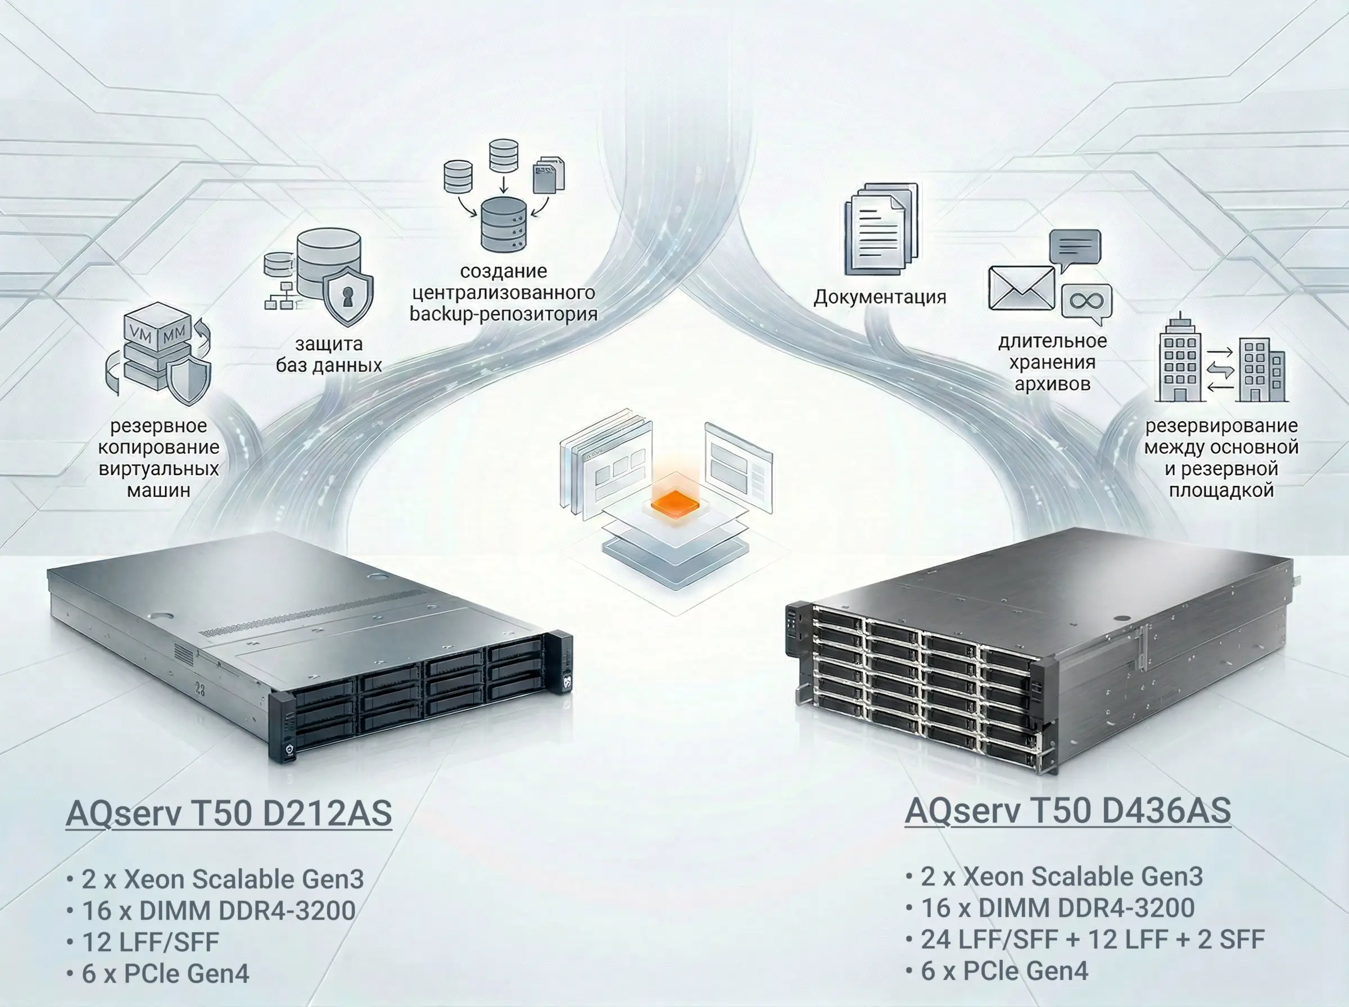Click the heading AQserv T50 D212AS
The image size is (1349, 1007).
click(x=229, y=813)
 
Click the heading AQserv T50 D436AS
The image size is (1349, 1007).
click(x=1067, y=811)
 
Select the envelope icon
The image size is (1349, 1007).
click(x=1021, y=288)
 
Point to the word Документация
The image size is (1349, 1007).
click(x=880, y=297)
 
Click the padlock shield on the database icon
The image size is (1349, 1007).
click(x=347, y=295)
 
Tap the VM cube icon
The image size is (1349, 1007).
click(x=157, y=329)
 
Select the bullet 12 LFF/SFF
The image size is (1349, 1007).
click(x=150, y=942)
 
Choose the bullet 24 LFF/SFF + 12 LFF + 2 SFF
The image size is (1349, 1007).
click(x=1092, y=940)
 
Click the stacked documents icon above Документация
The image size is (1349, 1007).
click(x=881, y=230)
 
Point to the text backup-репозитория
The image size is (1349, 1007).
click(x=504, y=314)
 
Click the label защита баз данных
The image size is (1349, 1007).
click(x=329, y=354)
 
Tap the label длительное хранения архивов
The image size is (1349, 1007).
click(x=1052, y=362)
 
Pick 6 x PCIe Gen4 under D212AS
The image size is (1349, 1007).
click(x=165, y=973)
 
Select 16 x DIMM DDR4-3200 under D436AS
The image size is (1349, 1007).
click(x=1058, y=908)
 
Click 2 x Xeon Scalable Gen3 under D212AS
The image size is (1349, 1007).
click(x=223, y=879)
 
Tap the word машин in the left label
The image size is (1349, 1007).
click(x=159, y=490)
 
